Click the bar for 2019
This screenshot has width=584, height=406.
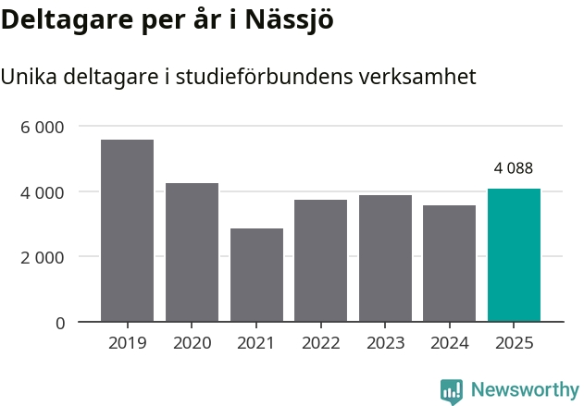(127, 231)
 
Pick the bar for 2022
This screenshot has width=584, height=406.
(320, 261)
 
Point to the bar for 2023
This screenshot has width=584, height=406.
(385, 259)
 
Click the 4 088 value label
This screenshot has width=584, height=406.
(514, 168)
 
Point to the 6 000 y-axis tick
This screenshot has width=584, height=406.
(43, 127)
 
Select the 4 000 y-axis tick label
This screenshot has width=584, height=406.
(43, 192)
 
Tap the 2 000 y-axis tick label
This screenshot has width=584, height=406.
(43, 257)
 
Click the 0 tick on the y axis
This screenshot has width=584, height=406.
(59, 323)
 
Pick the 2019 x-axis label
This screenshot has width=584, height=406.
(127, 343)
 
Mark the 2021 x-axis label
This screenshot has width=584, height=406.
(256, 343)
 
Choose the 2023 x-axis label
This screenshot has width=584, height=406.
(385, 343)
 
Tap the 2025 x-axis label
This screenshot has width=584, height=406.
(514, 343)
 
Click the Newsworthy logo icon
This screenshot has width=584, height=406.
(452, 391)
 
